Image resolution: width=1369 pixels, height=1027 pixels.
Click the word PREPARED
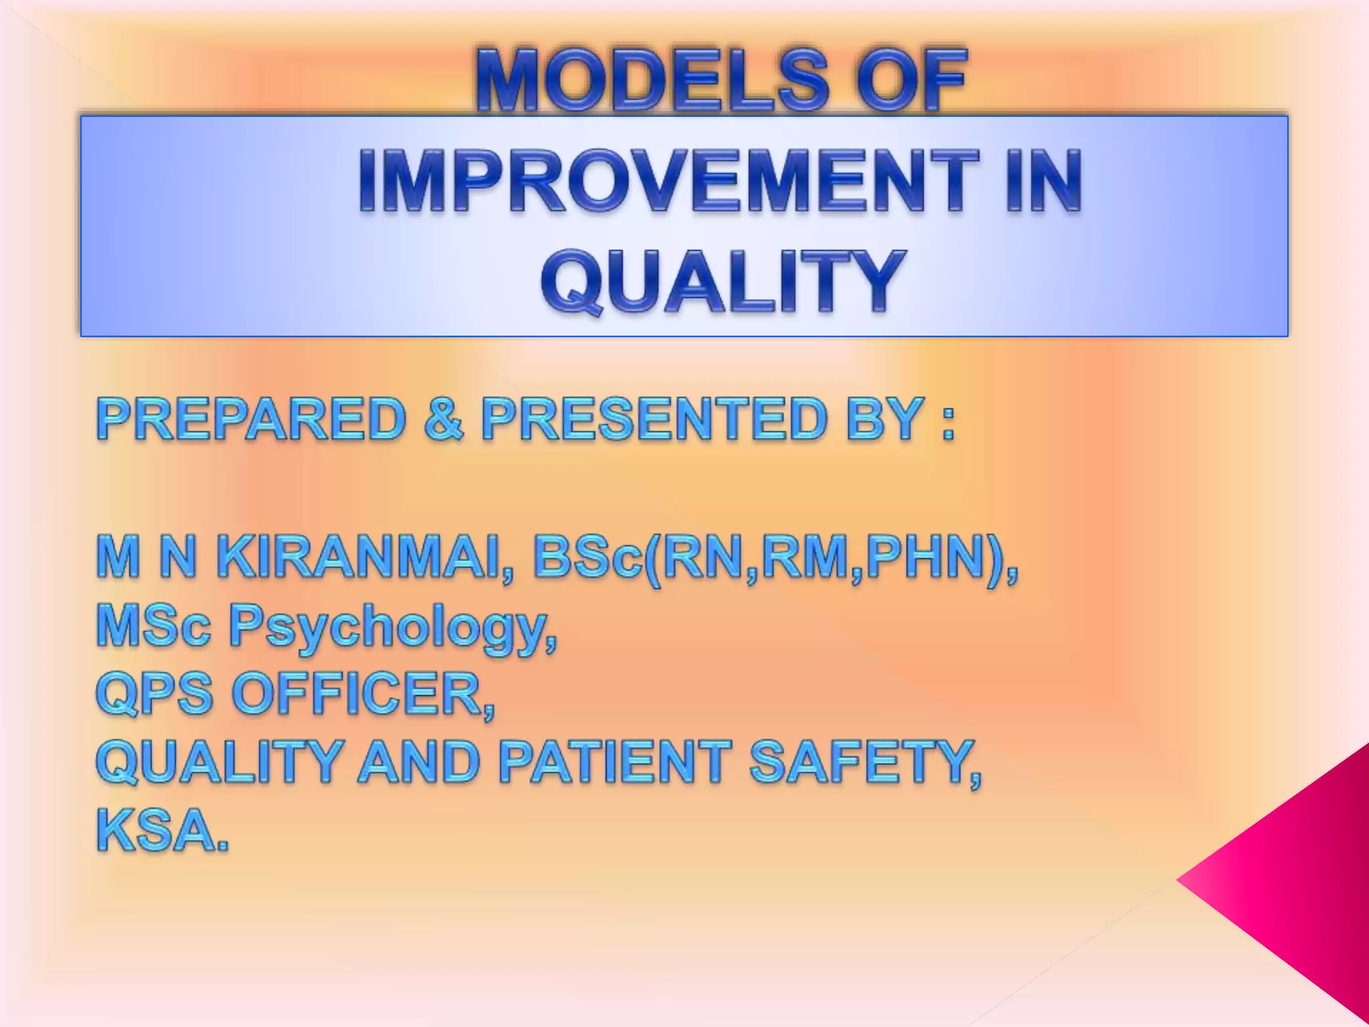tap(251, 419)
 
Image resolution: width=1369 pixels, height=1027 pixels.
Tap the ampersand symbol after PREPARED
tap(443, 419)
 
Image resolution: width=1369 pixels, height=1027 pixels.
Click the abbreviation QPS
tap(154, 694)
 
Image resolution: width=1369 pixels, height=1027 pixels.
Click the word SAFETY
tap(862, 762)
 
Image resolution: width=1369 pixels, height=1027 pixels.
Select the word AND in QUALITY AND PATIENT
tap(418, 762)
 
